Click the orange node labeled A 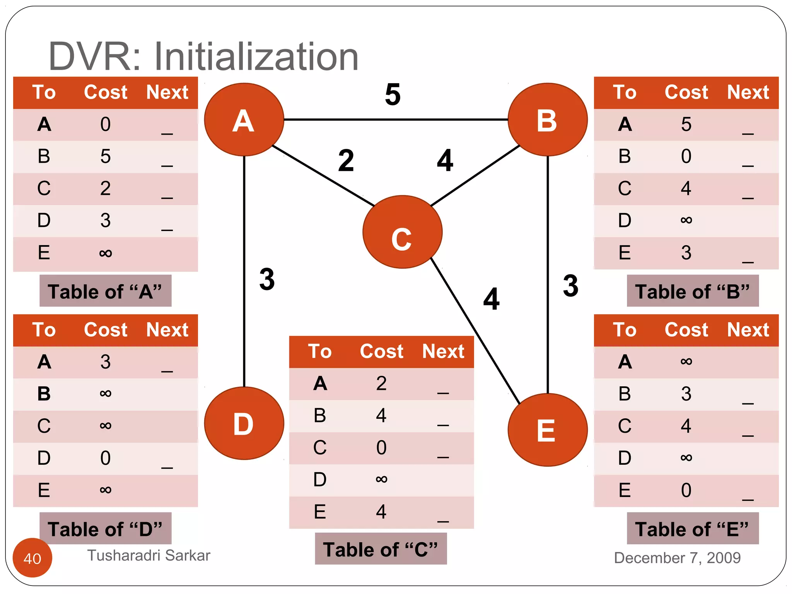[244, 119]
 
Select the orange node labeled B [548, 119]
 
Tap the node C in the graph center [402, 232]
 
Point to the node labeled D [244, 423]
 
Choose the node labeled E [548, 430]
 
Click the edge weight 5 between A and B [393, 95]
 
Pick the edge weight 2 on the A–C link [346, 160]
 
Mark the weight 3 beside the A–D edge [267, 279]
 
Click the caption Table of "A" [105, 291]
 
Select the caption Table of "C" [381, 549]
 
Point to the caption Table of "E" [692, 529]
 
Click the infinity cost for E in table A [106, 253]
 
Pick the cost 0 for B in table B [686, 157]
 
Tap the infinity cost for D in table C [381, 480]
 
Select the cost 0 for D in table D [106, 458]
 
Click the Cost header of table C [381, 352]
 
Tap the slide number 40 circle [32, 558]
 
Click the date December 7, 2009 [677, 558]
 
